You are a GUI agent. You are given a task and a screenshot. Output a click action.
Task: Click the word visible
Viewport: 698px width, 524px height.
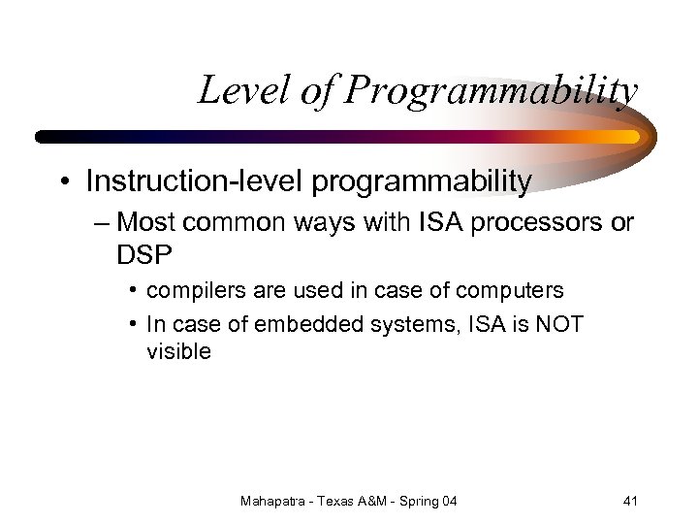[x=178, y=352]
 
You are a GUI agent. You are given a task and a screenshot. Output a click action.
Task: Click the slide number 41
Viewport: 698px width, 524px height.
[x=630, y=501]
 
